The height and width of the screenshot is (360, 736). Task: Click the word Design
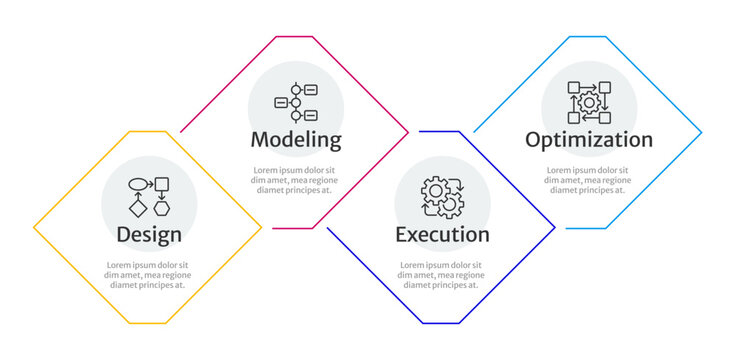click(149, 235)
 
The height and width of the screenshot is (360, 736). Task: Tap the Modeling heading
click(296, 139)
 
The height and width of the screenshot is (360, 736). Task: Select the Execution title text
click(442, 235)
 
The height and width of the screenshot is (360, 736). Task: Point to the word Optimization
click(589, 139)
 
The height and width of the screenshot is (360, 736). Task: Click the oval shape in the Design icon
click(137, 184)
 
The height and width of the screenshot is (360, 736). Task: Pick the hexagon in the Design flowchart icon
click(161, 208)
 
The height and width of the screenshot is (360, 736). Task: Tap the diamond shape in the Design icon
click(137, 208)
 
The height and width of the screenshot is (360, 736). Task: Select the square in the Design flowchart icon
click(162, 184)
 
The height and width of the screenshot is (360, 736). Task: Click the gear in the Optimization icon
click(589, 102)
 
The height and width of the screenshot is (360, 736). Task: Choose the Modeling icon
click(296, 102)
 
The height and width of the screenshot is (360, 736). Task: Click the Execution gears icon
click(442, 198)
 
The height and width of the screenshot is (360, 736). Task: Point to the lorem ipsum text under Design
click(148, 275)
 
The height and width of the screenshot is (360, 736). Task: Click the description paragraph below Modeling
click(295, 179)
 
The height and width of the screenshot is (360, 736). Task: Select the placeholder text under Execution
click(441, 275)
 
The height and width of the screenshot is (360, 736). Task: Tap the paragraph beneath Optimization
click(588, 179)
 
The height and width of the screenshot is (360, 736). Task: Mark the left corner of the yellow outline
click(34, 228)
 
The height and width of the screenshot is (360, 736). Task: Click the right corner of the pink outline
click(409, 132)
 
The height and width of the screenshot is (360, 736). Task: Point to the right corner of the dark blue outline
click(555, 228)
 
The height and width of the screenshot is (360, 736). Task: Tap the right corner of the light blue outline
click(702, 132)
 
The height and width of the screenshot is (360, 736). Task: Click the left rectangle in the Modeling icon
click(280, 102)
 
